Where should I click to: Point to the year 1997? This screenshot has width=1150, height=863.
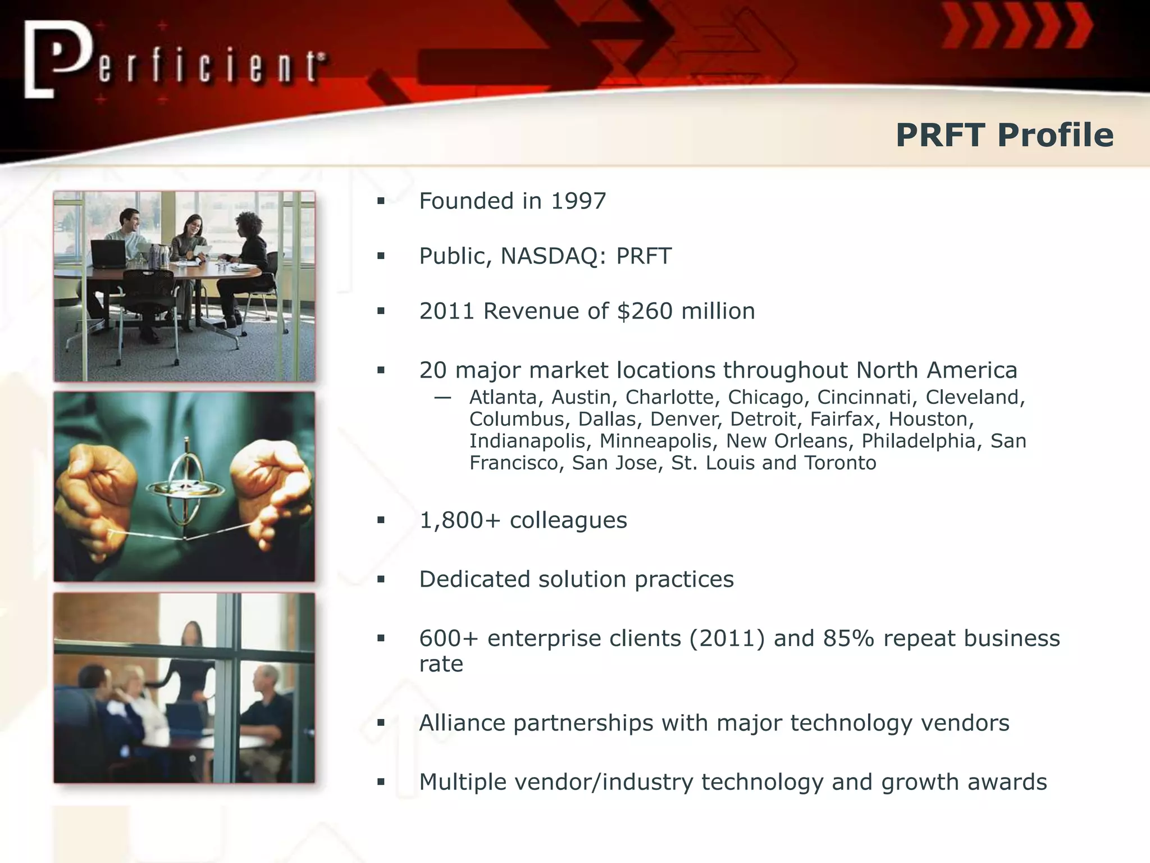(578, 201)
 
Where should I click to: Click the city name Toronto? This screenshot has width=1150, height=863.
(840, 463)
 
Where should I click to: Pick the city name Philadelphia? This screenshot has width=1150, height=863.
(919, 441)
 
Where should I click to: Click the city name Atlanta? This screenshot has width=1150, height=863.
(503, 397)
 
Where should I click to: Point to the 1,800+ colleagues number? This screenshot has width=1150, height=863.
(459, 520)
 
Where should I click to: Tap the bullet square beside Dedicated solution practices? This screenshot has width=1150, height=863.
(381, 580)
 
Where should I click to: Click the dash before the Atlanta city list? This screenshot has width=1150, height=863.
(442, 398)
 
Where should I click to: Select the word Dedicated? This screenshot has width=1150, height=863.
(474, 579)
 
